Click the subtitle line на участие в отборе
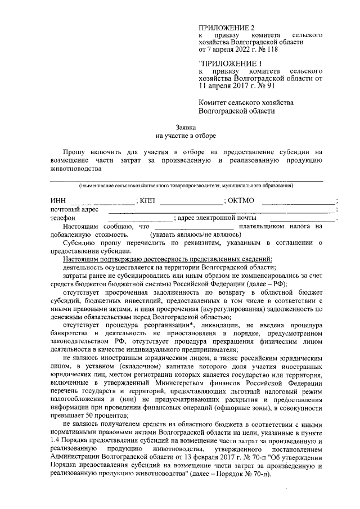click(185, 136)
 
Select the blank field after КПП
click(191, 201)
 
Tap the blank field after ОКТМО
click(298, 201)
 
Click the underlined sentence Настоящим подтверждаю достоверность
click(168, 259)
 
